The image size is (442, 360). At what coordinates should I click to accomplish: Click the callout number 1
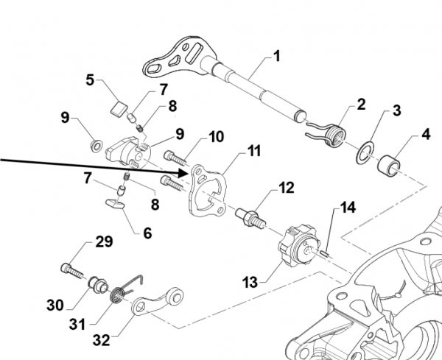point(277,56)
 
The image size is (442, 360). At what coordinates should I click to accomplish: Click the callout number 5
point(90,80)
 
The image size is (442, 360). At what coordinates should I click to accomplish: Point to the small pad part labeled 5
point(119,110)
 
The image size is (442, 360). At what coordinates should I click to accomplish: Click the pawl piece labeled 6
point(116,204)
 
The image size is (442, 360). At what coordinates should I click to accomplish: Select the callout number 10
point(216,137)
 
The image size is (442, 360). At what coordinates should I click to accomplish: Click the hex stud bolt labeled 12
point(250,217)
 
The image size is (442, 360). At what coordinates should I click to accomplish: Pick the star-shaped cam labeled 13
point(300,247)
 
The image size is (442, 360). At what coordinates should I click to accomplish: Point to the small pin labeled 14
point(326,253)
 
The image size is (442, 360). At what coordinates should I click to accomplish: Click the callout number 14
point(348,208)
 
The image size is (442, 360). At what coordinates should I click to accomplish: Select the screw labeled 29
point(72,270)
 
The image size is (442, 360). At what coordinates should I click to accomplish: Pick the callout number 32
point(101,340)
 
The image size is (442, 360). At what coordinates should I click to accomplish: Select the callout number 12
point(287,187)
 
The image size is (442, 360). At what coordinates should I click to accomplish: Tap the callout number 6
point(147,233)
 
